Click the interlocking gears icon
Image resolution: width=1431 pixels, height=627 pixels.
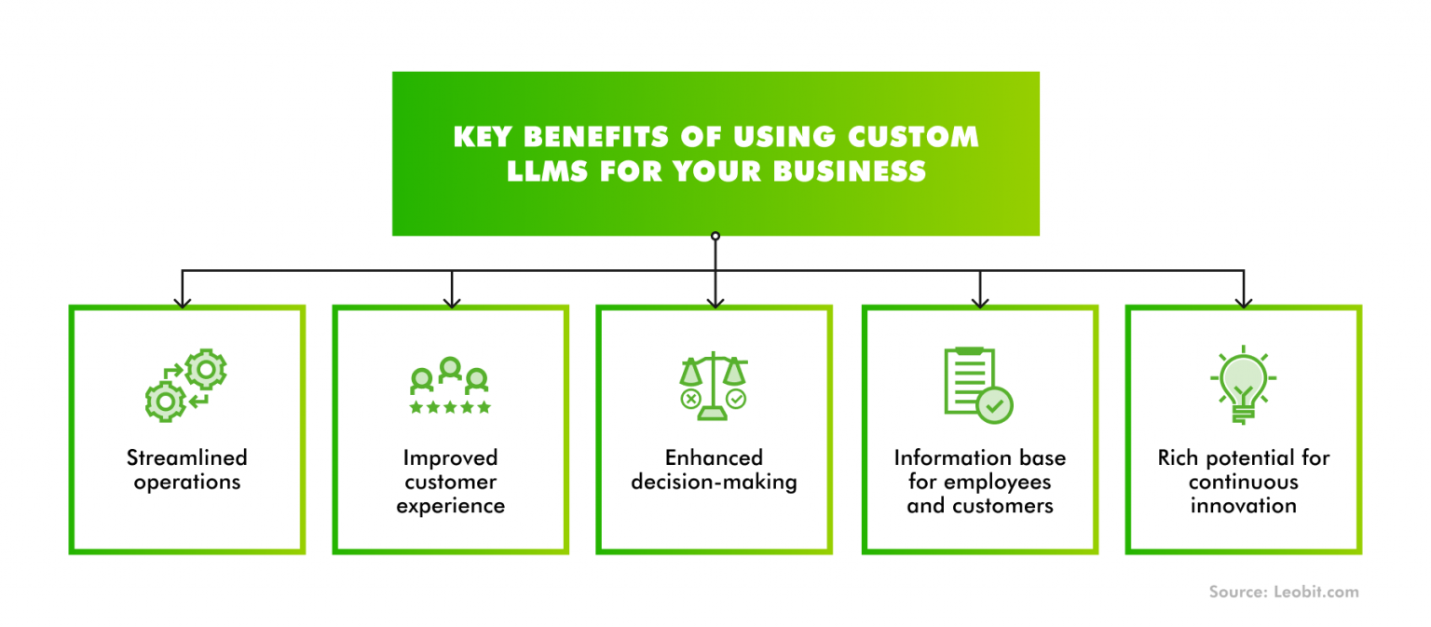pos(186,386)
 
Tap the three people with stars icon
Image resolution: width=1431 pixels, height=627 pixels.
pos(450,386)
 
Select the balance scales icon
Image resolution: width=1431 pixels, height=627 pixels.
pos(714,383)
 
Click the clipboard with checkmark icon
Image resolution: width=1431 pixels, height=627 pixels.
pos(977,385)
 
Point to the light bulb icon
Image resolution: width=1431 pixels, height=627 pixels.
pos(1243,384)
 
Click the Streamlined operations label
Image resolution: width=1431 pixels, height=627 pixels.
pos(187,470)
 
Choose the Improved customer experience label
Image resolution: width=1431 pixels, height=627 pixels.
pos(450,482)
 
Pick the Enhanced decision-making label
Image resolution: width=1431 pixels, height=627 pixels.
pos(714,470)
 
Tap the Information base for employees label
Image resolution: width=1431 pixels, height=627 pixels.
pos(979,482)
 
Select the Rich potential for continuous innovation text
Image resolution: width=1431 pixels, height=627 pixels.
pos(1243,482)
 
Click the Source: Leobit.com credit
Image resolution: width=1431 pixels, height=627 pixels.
pos(1283,592)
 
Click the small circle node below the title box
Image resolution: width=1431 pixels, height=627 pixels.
pos(715,237)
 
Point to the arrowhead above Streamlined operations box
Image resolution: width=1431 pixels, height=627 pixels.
pos(183,301)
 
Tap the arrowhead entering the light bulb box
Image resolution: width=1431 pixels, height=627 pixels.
pos(1243,301)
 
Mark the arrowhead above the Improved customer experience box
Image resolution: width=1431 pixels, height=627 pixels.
pos(451,301)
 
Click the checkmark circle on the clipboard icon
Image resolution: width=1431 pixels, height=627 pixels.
pos(995,405)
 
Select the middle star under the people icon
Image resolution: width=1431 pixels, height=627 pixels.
pos(450,407)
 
